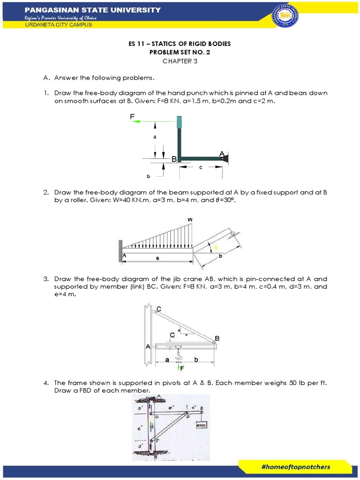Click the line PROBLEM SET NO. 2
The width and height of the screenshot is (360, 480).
(180, 52)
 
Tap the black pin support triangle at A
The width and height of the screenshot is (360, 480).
(226, 158)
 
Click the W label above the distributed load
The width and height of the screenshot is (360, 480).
(190, 219)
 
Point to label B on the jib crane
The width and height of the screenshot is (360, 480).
(217, 337)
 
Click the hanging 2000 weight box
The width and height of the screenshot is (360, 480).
(202, 426)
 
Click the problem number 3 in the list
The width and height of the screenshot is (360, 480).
(46, 278)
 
